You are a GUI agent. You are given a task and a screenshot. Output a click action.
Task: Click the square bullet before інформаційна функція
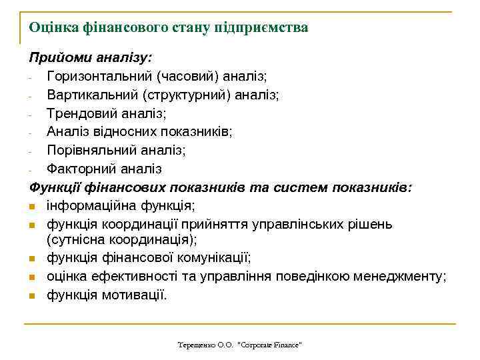(32, 206)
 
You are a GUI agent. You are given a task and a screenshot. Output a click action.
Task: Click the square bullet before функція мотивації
(32, 295)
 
